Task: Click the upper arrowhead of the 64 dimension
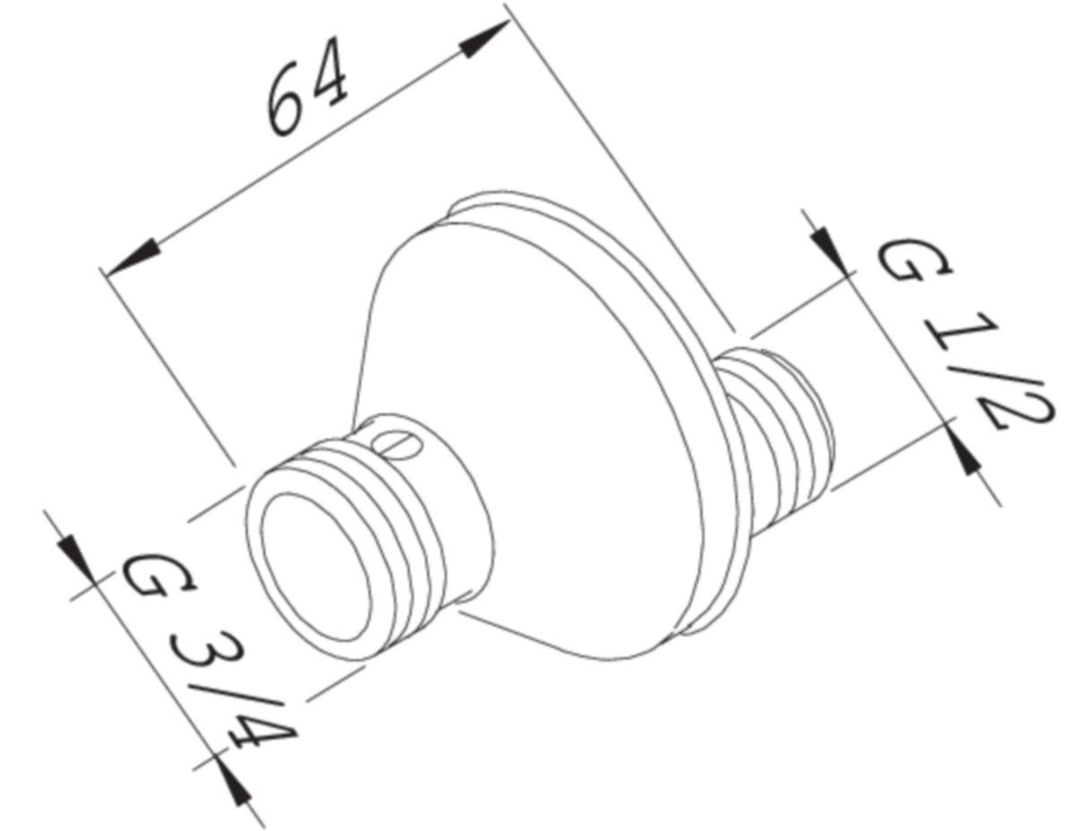[x=485, y=39]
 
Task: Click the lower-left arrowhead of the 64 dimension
[x=131, y=259]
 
